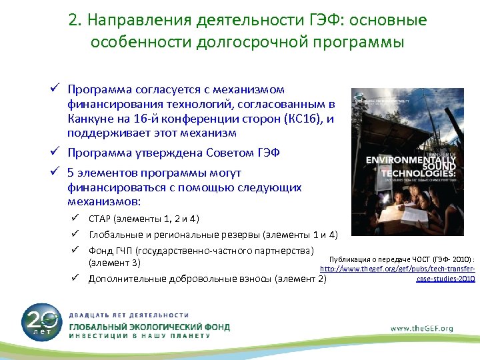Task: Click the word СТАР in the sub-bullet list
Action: coord(100,219)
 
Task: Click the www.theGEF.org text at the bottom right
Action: coord(421,328)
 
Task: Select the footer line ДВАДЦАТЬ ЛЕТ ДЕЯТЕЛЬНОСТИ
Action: coord(129,315)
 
